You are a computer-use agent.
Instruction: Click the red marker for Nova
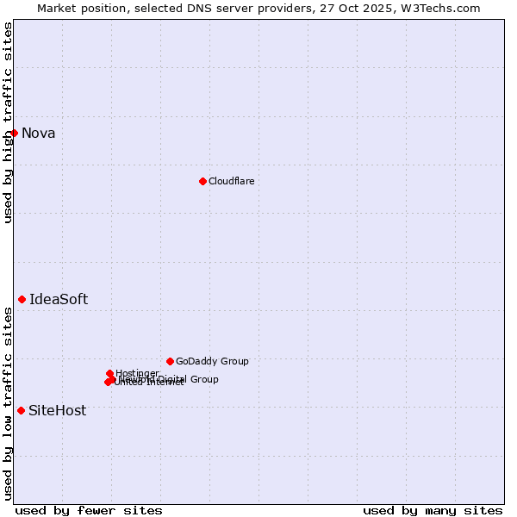click(x=14, y=133)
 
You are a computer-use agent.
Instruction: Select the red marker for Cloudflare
click(x=202, y=181)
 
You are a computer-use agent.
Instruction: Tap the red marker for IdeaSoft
click(x=22, y=299)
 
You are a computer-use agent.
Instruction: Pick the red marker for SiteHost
click(x=21, y=410)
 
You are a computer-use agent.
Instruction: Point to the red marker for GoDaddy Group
click(x=170, y=361)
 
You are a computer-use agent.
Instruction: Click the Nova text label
click(x=38, y=133)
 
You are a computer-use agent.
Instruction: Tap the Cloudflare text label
click(x=231, y=181)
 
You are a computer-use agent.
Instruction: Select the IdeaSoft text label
click(x=59, y=299)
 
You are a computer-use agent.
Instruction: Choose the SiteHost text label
click(x=57, y=410)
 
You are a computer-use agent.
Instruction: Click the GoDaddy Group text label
click(x=212, y=361)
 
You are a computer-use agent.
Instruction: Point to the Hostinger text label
click(x=137, y=373)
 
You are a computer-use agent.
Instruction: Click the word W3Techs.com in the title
click(x=443, y=8)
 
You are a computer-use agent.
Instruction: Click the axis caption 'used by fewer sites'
click(x=89, y=510)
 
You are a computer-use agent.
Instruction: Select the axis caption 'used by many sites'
click(x=433, y=510)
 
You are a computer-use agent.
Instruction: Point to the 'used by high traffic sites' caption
click(x=8, y=122)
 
